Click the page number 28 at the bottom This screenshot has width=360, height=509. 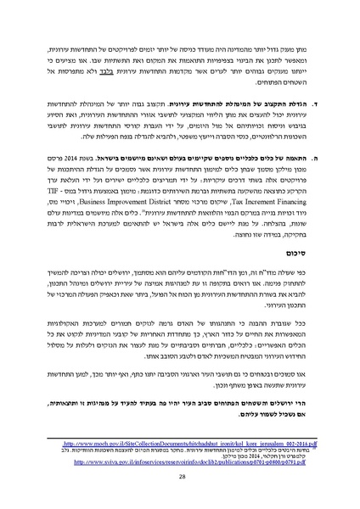180,477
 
